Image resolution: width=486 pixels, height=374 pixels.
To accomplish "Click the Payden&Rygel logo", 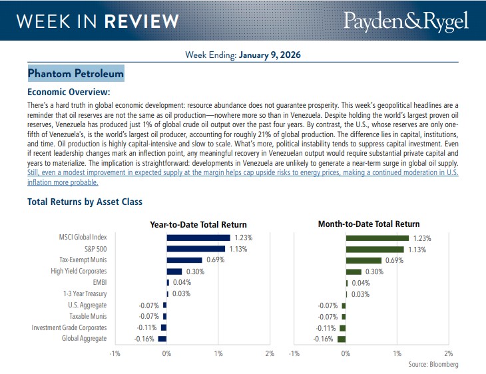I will point(405,21).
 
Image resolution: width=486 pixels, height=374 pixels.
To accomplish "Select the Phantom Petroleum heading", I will point(76,74).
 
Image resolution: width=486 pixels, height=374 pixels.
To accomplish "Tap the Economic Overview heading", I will point(68,92).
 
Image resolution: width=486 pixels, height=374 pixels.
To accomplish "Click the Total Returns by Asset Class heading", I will point(85,202).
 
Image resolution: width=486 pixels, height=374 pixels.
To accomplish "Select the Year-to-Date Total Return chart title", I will point(198,224).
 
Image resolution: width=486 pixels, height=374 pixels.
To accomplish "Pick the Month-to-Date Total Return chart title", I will point(369,224).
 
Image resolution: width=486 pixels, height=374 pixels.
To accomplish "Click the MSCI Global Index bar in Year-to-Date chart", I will point(198,238).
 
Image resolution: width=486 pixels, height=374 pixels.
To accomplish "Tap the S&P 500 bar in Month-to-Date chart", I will point(375,249).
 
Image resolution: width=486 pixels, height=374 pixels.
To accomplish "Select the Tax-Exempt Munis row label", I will point(78,260).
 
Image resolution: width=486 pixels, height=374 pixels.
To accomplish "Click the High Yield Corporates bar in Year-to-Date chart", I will point(174,272).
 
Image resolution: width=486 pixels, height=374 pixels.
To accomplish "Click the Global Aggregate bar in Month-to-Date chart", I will point(342,339).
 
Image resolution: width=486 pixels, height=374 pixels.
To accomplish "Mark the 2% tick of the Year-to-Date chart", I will point(270,353).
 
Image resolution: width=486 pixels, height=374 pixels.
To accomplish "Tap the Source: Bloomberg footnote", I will point(433,365).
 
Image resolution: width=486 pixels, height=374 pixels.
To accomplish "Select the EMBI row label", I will point(97,283).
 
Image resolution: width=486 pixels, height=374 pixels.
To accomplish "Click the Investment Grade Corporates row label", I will point(69,327).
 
